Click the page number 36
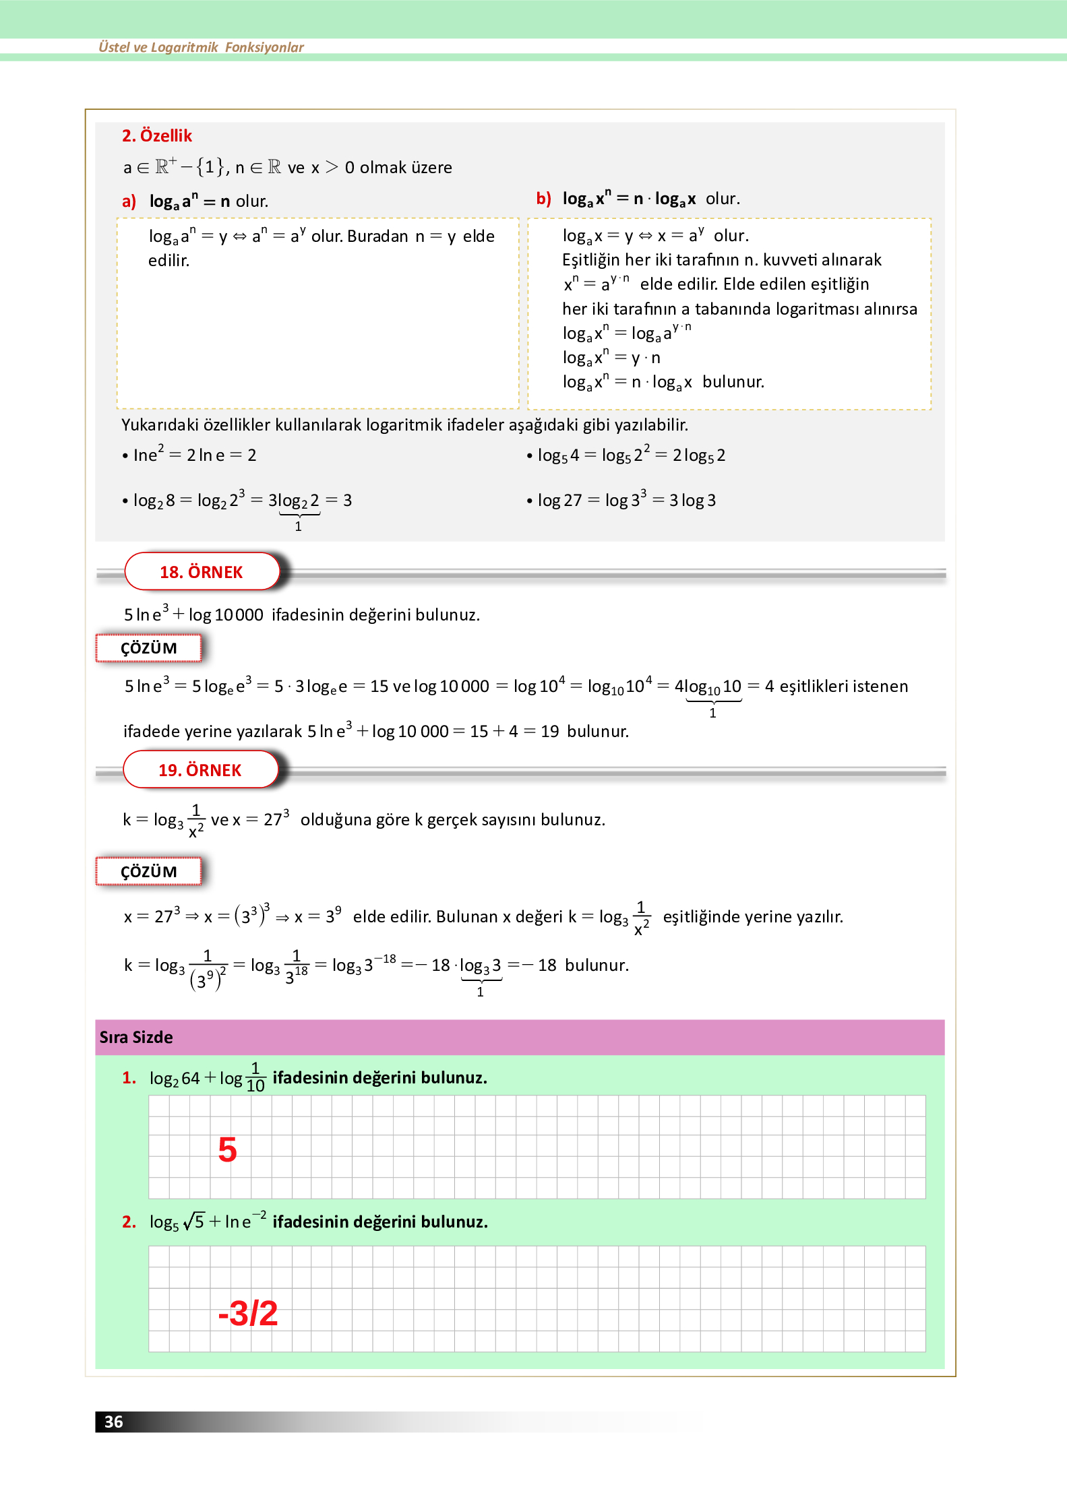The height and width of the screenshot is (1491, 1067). [113, 1422]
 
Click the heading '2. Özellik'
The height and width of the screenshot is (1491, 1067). [156, 135]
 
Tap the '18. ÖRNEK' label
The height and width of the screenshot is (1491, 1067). [201, 572]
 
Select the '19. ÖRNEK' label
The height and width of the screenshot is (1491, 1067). [200, 770]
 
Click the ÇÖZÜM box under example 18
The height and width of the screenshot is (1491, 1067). [148, 648]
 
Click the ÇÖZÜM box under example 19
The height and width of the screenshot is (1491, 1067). [148, 872]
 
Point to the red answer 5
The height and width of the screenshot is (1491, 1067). [227, 1150]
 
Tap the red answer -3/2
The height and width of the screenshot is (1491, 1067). [247, 1313]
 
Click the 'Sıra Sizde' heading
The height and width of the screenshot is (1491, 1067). [136, 1037]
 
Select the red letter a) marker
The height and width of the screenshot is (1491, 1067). [129, 201]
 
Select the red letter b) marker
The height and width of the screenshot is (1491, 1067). [543, 198]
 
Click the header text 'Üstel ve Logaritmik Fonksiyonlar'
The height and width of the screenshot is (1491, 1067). [201, 47]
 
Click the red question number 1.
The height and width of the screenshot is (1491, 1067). [129, 1077]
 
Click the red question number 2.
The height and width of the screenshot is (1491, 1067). [129, 1222]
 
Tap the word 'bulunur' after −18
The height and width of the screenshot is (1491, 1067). [596, 965]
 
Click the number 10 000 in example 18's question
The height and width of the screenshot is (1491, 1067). [239, 614]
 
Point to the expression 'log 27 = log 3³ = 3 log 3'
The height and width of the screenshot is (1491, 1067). [626, 500]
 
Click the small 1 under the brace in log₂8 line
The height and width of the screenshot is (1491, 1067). [298, 526]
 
